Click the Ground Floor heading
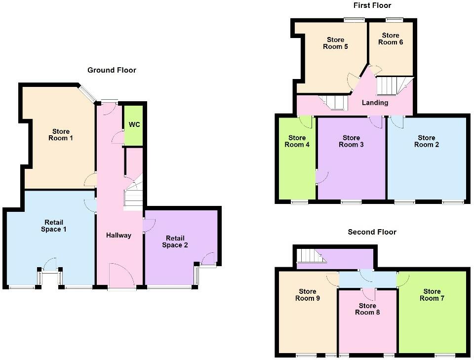click(x=112, y=70)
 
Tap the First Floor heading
click(x=372, y=5)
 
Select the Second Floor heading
click(x=372, y=232)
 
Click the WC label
click(x=134, y=124)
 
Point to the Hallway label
click(x=119, y=235)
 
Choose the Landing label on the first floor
click(x=375, y=103)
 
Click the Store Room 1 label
click(x=61, y=135)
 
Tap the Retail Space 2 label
click(x=175, y=241)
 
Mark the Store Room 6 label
click(x=391, y=39)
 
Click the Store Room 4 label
click(x=297, y=141)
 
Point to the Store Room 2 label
click(x=427, y=141)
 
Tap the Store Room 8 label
click(x=368, y=309)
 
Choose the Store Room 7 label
click(x=432, y=295)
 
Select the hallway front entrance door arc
click(x=121, y=274)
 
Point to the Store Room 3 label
click(x=351, y=141)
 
